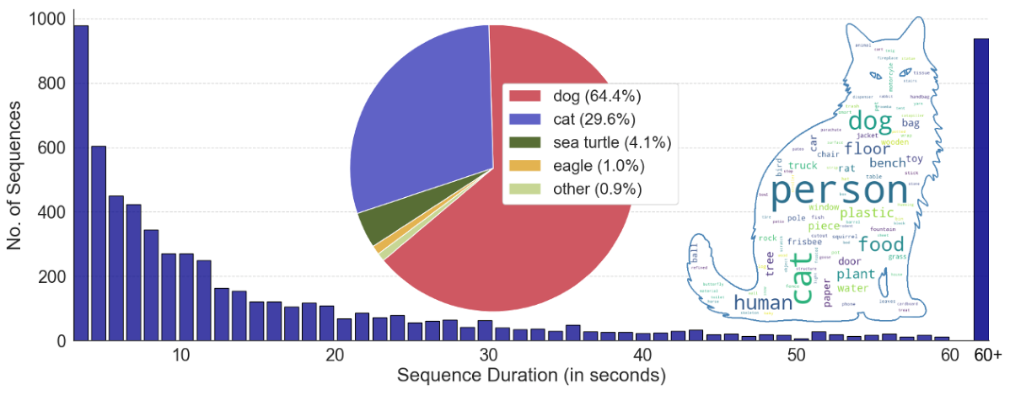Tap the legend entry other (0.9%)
point(591,190)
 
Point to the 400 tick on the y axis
point(51,212)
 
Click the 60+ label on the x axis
point(986,355)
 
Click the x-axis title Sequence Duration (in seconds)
point(531,377)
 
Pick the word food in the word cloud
point(880,245)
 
